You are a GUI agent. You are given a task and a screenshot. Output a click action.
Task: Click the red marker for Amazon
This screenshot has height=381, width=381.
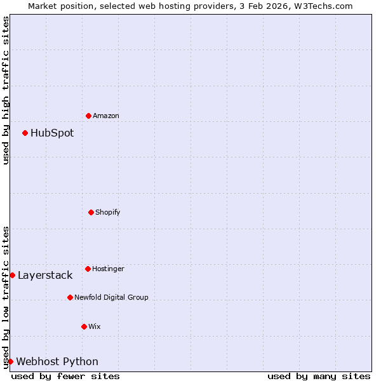tap(88, 116)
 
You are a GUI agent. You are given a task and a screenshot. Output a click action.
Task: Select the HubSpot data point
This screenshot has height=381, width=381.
tap(25, 133)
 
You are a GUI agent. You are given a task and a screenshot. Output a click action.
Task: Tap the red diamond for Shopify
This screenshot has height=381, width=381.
tap(91, 212)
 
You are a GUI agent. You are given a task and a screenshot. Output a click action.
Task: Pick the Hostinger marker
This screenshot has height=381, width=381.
tap(88, 269)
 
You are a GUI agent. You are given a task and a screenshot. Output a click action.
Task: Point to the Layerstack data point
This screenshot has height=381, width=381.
tap(12, 275)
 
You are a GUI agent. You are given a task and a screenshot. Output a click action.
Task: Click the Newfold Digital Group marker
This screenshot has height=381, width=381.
tap(70, 297)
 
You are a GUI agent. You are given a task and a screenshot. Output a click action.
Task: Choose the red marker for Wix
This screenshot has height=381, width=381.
tap(84, 326)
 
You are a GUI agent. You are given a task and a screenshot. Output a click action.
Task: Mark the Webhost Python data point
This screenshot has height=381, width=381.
tap(10, 361)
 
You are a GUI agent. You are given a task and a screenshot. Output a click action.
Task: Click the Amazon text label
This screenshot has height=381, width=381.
tap(106, 116)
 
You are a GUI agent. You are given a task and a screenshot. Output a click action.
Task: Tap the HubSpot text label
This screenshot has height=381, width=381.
tap(52, 133)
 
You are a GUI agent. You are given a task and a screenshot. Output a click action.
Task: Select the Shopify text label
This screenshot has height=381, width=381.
tap(108, 212)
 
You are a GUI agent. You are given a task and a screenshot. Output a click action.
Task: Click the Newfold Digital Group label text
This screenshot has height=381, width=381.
tap(111, 297)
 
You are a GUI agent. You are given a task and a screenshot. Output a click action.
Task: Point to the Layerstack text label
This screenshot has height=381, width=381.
tap(45, 275)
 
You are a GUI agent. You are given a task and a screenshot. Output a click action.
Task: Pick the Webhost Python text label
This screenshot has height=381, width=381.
tap(57, 361)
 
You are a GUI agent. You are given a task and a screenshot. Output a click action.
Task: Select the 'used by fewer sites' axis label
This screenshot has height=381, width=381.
tap(65, 376)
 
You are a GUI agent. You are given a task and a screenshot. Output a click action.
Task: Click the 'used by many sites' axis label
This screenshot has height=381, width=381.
tap(319, 376)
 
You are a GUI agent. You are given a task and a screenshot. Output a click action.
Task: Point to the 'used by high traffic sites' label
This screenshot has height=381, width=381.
tap(6, 90)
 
